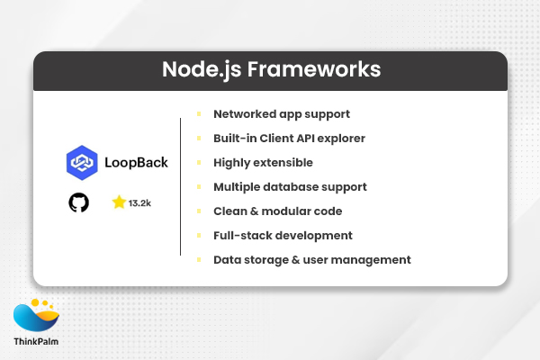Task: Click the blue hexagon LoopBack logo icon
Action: [83, 163]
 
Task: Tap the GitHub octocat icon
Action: [79, 202]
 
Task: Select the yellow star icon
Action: [118, 202]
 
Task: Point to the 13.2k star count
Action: [139, 203]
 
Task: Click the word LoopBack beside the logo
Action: [135, 163]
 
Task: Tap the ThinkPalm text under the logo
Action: [36, 342]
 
